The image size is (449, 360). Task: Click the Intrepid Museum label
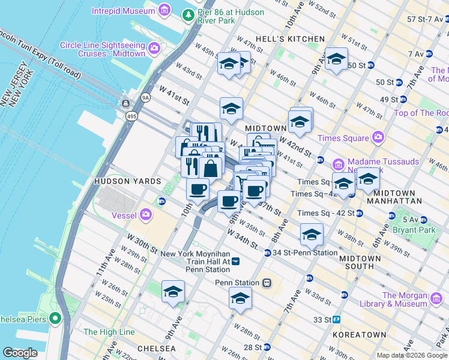point(123,11)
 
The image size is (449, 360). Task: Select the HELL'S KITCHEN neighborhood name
point(290,39)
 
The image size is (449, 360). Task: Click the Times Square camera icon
point(378,138)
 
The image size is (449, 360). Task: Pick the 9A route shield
point(145,96)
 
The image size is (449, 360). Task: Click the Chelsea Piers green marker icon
point(56,318)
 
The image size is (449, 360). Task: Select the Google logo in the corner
point(20,353)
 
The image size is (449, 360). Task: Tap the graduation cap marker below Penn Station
point(240,298)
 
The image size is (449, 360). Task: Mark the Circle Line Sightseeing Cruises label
point(103,49)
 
